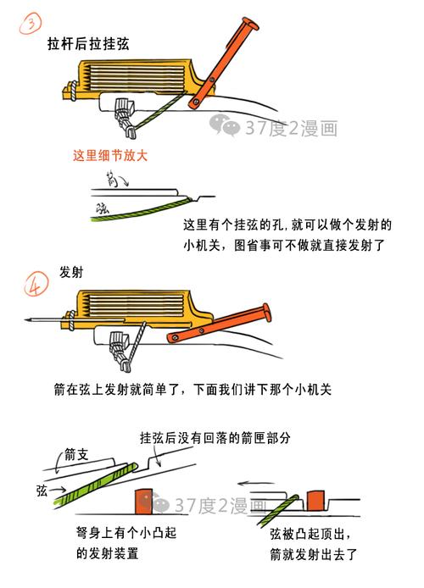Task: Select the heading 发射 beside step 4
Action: point(70,274)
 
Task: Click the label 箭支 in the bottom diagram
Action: point(77,454)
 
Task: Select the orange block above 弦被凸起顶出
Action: point(319,500)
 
